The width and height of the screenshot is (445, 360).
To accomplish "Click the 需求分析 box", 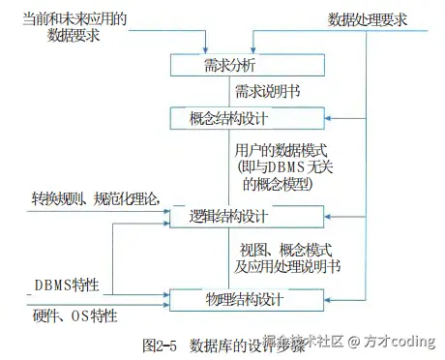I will coord(230,66).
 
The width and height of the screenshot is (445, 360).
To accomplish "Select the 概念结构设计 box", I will coord(230,119).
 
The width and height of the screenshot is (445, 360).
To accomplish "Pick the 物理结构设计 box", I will coord(230,299).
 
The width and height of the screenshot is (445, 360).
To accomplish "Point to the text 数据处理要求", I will coord(368,19).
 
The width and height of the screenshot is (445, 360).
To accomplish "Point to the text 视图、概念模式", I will coord(281,248).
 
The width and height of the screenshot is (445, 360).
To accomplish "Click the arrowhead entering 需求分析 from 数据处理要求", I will coord(253,50).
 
